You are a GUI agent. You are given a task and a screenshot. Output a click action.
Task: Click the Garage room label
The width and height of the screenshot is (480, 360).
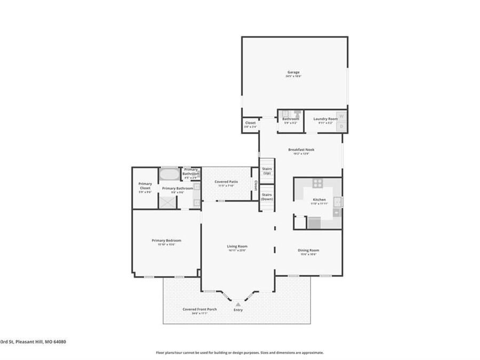(x=294, y=72)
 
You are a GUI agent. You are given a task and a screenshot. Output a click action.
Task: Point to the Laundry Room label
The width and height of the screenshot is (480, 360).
(x=325, y=119)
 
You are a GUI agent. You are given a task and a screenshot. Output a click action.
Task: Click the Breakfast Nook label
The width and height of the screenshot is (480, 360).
(x=301, y=150)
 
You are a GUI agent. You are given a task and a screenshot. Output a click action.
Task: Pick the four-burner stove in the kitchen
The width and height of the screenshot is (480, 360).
(x=317, y=183)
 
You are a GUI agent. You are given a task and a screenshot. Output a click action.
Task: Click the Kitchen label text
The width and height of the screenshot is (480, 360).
(x=319, y=199)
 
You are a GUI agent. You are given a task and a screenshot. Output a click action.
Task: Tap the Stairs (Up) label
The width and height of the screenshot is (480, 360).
(x=267, y=171)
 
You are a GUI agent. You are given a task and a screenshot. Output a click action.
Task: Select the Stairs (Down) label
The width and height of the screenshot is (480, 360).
(x=267, y=197)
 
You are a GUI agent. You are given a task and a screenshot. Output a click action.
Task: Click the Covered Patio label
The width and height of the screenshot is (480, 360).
(x=226, y=182)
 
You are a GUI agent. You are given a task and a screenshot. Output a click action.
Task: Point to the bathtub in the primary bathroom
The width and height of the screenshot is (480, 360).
(x=170, y=174)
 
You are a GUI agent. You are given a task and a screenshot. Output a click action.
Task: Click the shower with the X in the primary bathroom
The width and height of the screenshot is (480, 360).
(x=167, y=202)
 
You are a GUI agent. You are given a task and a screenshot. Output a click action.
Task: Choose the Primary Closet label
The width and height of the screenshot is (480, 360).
(x=145, y=186)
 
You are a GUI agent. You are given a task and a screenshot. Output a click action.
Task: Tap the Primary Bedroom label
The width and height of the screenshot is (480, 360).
(x=166, y=241)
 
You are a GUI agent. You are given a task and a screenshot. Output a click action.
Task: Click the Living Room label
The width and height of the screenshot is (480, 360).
(x=237, y=246)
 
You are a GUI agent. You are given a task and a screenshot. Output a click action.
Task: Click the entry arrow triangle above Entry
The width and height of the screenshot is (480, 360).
(x=238, y=305)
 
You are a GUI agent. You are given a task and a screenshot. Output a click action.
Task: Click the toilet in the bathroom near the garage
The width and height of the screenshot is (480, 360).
(x=297, y=114)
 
